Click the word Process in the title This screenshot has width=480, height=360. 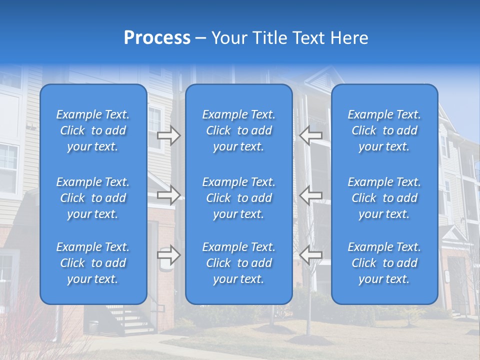tap(157, 38)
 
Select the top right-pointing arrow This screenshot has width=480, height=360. tap(168, 135)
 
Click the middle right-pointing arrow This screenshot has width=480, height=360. tap(168, 194)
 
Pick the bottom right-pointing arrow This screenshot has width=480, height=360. tap(168, 255)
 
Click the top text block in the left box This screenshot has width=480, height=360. tap(93, 130)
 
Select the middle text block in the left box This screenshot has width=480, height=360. tap(93, 198)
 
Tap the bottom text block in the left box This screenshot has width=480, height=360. tap(93, 263)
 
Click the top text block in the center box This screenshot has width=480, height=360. tap(238, 130)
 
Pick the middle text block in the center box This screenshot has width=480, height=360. tap(238, 198)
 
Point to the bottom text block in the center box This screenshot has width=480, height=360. tap(238, 263)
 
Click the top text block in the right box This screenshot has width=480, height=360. tap(384, 130)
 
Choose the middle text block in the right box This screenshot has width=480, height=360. tap(384, 198)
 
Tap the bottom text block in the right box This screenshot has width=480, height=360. tap(384, 263)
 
